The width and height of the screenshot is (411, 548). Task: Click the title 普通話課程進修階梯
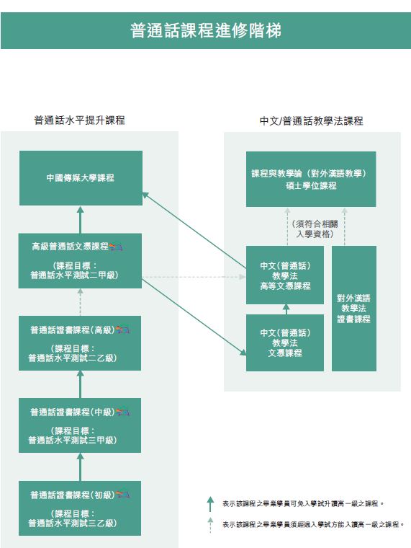206,30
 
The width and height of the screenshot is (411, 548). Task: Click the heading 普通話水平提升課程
80,120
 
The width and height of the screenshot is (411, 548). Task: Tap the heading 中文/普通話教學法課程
312,121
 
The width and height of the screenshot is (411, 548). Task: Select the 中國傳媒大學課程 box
81,178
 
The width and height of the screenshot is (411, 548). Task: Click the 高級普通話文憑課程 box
80,261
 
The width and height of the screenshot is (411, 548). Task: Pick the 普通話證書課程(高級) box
80,343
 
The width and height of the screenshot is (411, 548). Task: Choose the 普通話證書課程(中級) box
80,425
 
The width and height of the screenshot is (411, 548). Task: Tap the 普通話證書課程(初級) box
80,508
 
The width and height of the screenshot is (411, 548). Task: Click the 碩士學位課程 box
311,179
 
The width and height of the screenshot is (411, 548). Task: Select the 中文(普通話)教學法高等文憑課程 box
285,275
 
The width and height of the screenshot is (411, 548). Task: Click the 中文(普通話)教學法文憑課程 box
285,342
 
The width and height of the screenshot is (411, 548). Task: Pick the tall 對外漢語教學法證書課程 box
354,309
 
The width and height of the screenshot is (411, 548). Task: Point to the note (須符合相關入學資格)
315,229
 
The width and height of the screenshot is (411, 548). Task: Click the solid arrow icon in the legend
210,504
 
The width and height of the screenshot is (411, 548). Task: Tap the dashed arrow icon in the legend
210,525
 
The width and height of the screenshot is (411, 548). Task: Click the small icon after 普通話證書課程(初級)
122,495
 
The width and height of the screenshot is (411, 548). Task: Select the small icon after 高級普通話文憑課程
116,247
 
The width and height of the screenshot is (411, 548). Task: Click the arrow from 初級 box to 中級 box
80,467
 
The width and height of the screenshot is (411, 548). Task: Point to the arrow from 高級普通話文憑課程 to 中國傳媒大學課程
80,219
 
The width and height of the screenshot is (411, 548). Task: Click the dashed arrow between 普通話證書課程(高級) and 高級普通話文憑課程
80,302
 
